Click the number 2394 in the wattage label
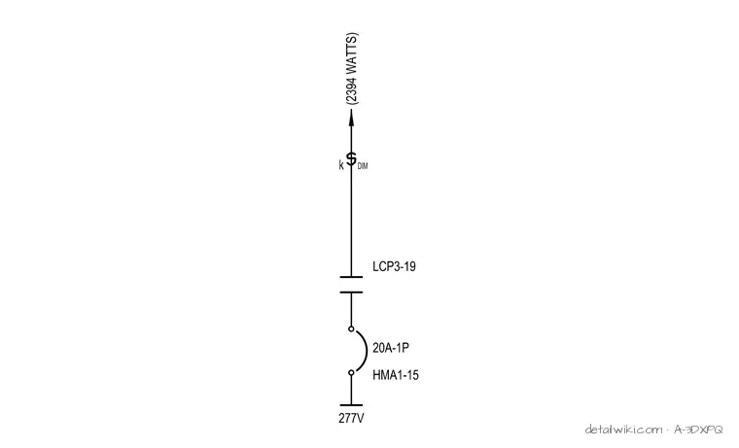(x=352, y=89)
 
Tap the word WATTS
(x=352, y=54)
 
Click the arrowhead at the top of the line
(x=351, y=118)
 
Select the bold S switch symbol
(x=351, y=159)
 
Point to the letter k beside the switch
(x=341, y=165)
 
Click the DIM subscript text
(x=363, y=166)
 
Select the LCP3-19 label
(x=394, y=266)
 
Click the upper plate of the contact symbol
(x=351, y=277)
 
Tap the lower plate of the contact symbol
(x=351, y=293)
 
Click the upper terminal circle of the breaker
(x=351, y=328)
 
